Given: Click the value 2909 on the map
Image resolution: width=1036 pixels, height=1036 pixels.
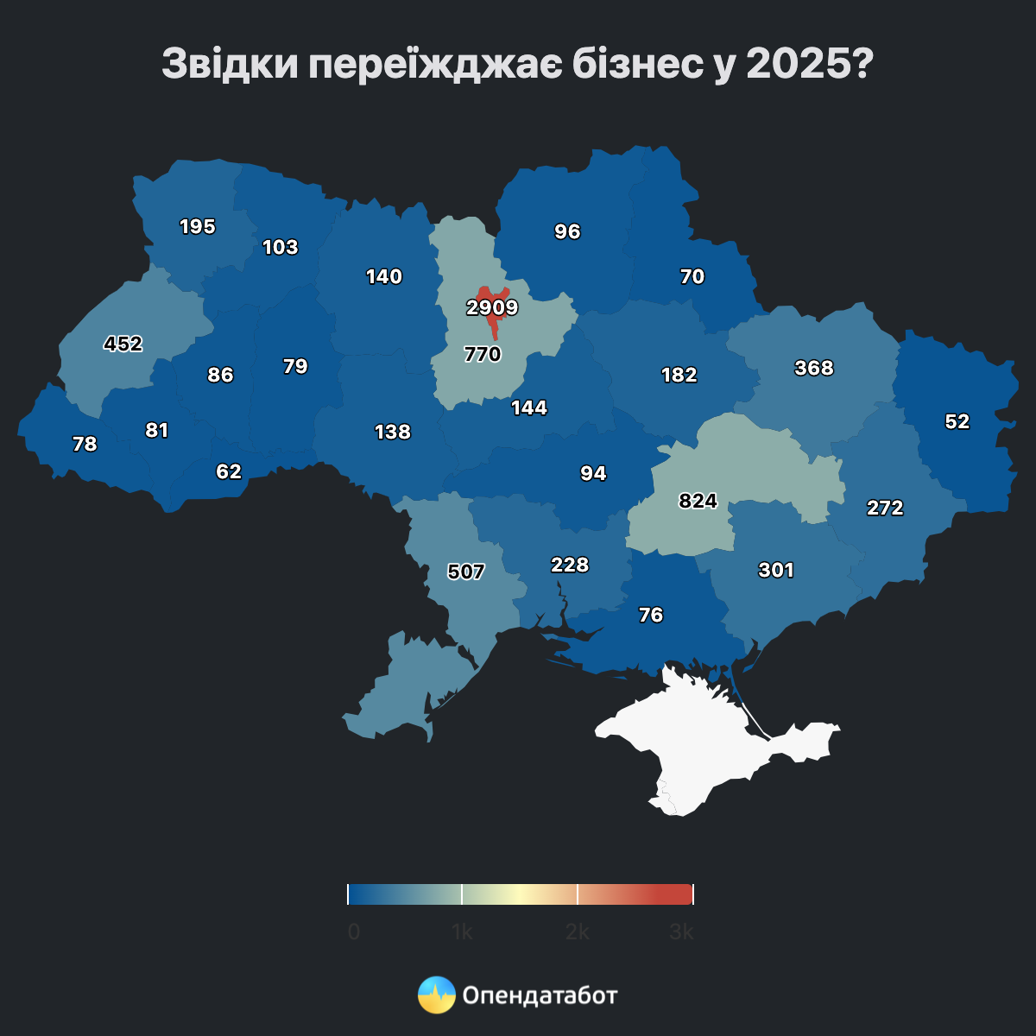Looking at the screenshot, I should (492, 307).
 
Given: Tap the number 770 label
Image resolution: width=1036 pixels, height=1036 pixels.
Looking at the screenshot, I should (483, 354).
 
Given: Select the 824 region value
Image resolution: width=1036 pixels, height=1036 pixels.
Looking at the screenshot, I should (698, 501).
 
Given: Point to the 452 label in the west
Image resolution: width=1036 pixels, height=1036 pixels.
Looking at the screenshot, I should (123, 344).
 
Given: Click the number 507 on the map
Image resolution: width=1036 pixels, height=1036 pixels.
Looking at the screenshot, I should (466, 572).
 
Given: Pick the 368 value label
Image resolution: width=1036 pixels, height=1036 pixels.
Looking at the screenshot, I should (814, 368).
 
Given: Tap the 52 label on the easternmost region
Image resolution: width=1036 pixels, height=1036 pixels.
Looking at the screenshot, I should (957, 421).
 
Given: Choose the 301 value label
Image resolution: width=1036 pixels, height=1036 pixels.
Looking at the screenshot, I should (776, 570).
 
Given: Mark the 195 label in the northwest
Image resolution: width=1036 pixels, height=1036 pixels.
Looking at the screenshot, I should (198, 226).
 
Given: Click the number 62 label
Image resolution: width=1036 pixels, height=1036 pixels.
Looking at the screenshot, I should (229, 471).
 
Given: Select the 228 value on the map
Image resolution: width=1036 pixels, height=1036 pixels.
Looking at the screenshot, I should (570, 565).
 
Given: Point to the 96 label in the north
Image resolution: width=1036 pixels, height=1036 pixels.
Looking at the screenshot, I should (567, 231).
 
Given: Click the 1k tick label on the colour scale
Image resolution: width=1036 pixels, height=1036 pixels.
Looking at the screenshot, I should (462, 932).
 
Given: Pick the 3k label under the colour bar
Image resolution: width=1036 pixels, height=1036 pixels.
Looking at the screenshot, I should (681, 932).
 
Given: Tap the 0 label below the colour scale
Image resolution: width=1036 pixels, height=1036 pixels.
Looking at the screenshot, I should (354, 932).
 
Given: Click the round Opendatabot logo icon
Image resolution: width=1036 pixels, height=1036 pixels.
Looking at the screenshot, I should (437, 995).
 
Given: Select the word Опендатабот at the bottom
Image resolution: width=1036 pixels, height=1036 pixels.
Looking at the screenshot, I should (540, 995).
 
